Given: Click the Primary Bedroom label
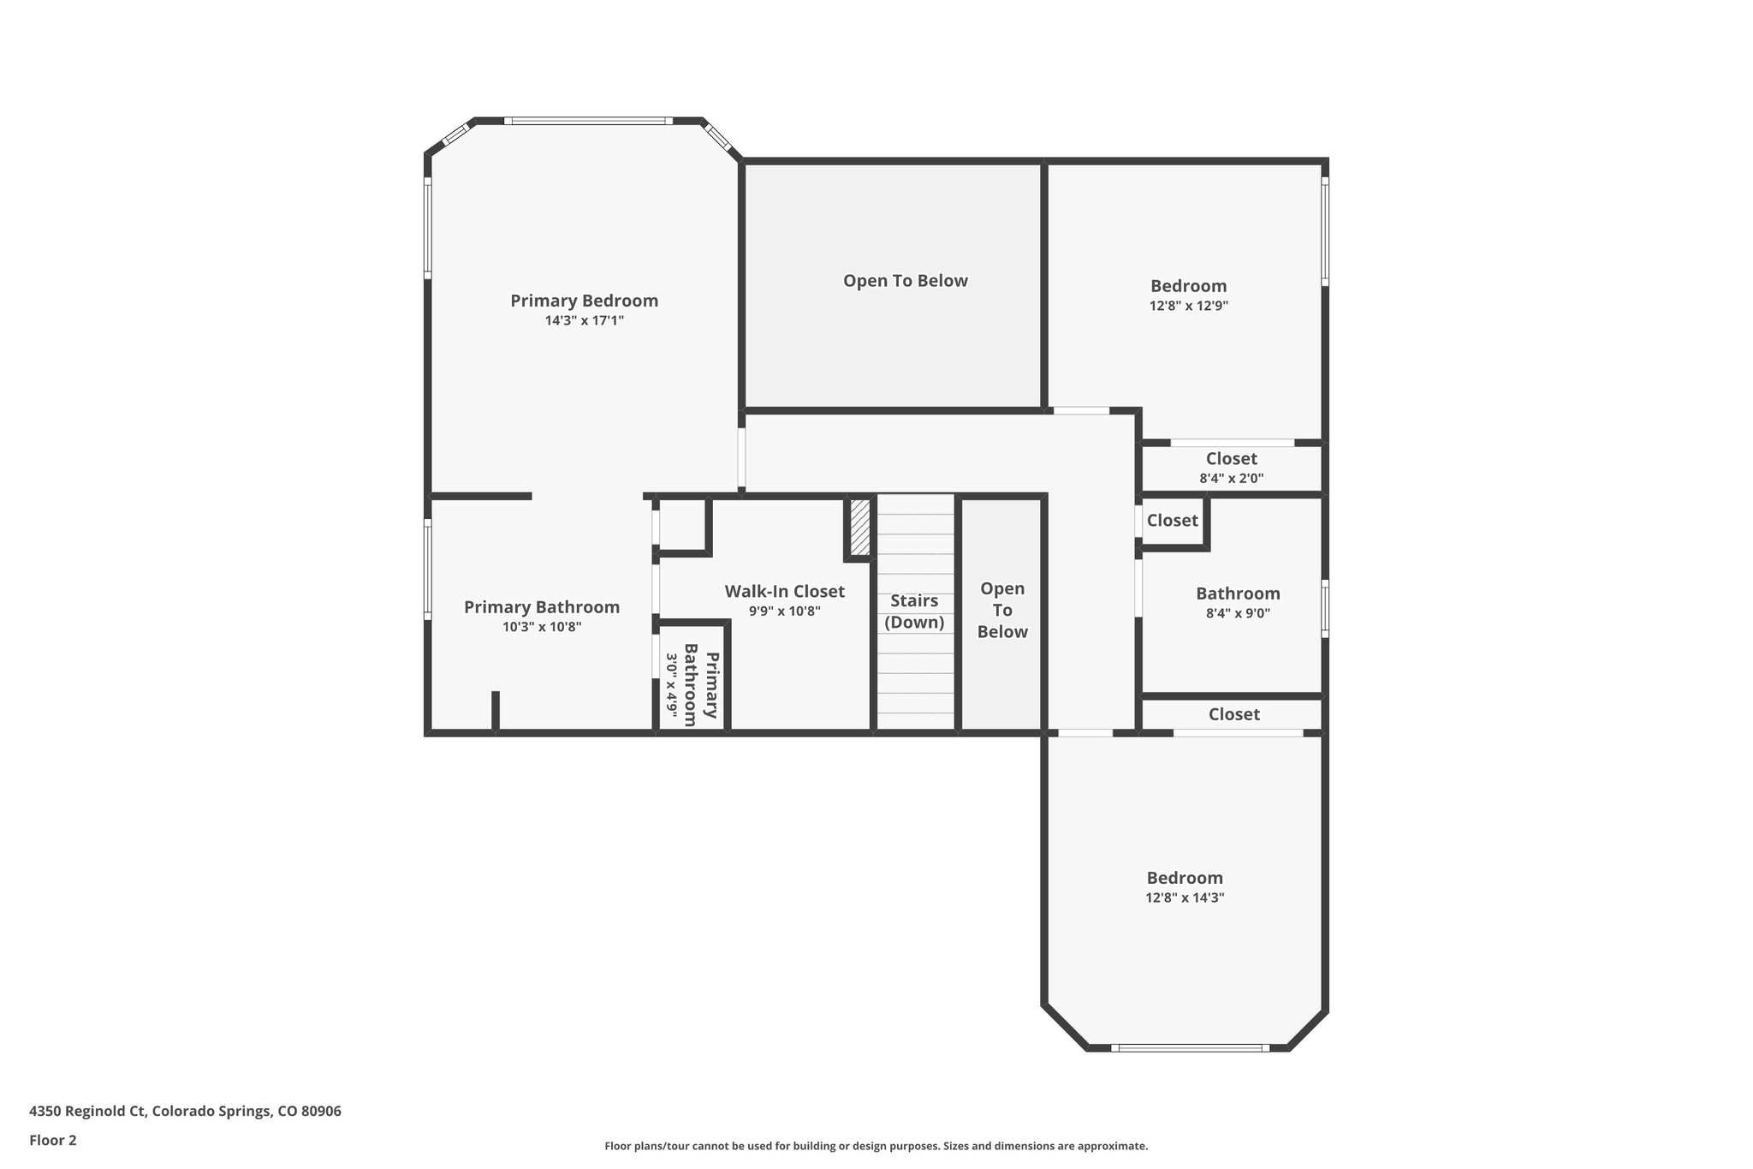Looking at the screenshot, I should pyautogui.click(x=584, y=301).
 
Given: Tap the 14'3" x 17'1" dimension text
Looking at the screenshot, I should pyautogui.click(x=584, y=320).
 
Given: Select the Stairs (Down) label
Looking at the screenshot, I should pyautogui.click(x=914, y=611).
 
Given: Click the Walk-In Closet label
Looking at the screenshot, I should pyautogui.click(x=784, y=591).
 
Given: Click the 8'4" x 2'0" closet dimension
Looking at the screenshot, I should pyautogui.click(x=1231, y=479).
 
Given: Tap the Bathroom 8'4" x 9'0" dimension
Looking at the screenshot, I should pyautogui.click(x=1238, y=613).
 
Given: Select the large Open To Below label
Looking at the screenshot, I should pyautogui.click(x=905, y=281).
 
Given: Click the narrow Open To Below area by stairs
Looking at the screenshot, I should pyautogui.click(x=1001, y=610).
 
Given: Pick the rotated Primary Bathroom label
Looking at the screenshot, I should pyautogui.click(x=701, y=685).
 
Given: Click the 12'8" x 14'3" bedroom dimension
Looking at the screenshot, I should pyautogui.click(x=1185, y=898).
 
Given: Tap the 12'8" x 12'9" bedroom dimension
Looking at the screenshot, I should pyautogui.click(x=1188, y=306).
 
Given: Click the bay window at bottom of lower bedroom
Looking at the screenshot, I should pyautogui.click(x=1190, y=1047).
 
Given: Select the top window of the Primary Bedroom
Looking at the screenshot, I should pyautogui.click(x=588, y=121).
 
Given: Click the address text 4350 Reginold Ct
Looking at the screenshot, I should pyautogui.click(x=185, y=1112).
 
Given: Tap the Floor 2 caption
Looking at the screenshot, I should pyautogui.click(x=53, y=1140).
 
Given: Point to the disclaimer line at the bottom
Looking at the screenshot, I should pyautogui.click(x=876, y=1146).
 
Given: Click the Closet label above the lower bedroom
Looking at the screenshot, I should pyautogui.click(x=1233, y=714).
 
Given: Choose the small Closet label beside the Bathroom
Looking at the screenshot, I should pyautogui.click(x=1172, y=521).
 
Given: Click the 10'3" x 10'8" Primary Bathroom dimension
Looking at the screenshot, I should pyautogui.click(x=542, y=627).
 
